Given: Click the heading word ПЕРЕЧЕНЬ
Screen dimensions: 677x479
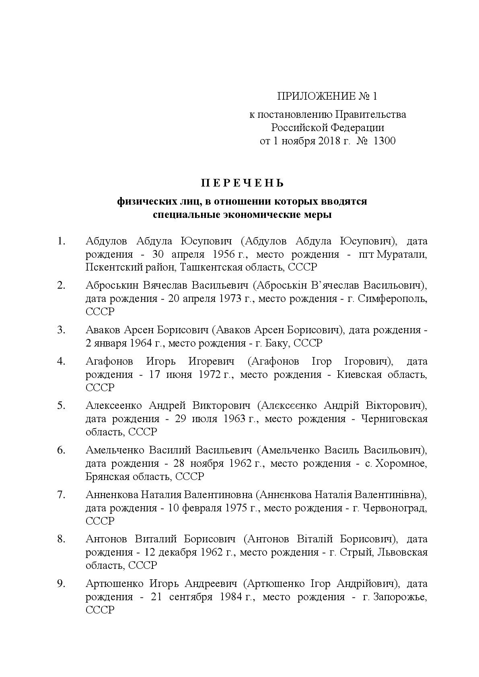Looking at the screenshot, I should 243,183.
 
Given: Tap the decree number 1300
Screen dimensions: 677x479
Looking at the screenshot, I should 384,141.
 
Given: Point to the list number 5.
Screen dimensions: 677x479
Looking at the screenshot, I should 61,405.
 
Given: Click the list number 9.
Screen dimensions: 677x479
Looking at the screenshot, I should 61,583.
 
